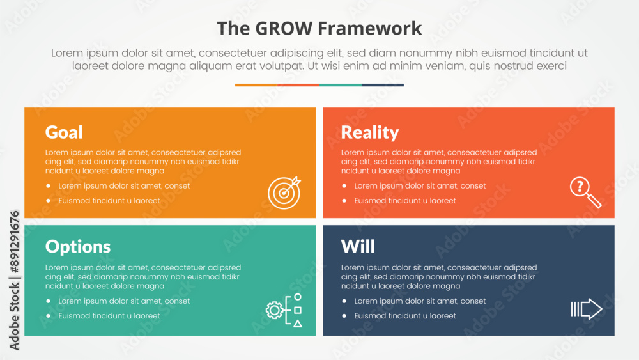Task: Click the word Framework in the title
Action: (x=369, y=29)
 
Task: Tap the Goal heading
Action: (x=64, y=132)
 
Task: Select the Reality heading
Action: (x=369, y=133)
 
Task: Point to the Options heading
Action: (x=78, y=247)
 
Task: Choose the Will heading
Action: (x=358, y=246)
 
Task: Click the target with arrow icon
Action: (x=284, y=192)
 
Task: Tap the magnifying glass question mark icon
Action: (x=585, y=192)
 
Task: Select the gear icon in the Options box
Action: (x=274, y=310)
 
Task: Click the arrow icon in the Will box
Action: (x=587, y=309)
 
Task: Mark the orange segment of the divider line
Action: (x=256, y=85)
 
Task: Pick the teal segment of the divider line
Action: (x=341, y=85)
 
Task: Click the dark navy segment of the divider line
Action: (x=383, y=85)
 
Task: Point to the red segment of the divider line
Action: (x=298, y=85)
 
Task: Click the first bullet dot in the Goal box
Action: (x=49, y=186)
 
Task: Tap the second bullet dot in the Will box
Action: (x=344, y=316)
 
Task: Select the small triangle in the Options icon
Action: (x=298, y=324)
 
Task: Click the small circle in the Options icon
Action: (x=298, y=297)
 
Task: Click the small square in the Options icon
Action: (x=298, y=310)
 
